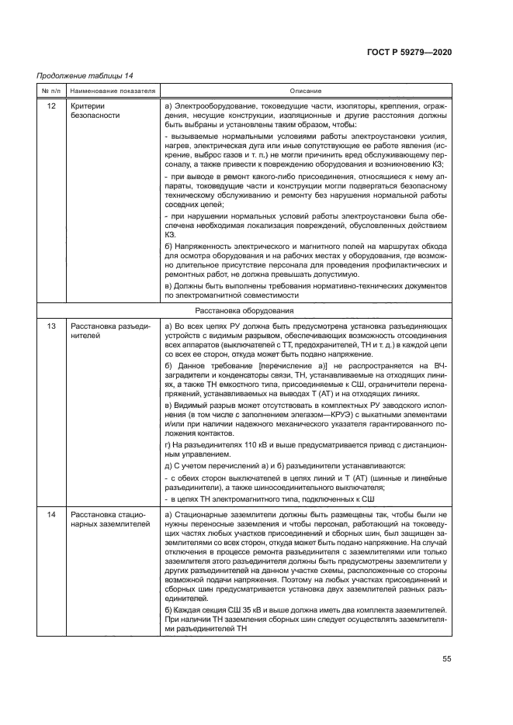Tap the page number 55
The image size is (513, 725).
tap(447, 659)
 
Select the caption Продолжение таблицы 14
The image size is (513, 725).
tap(85, 75)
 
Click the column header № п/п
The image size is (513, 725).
tap(50, 91)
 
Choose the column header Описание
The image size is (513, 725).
tap(306, 91)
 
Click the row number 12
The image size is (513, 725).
tap(50, 105)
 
